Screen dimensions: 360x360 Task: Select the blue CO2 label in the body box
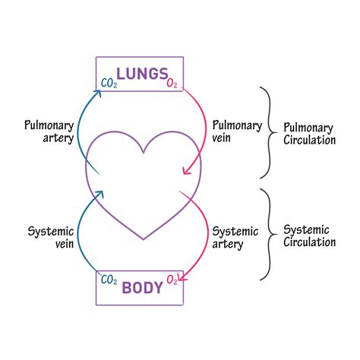click(109, 281)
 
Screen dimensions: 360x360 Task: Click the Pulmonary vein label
click(237, 131)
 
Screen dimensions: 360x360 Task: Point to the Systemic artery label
click(235, 237)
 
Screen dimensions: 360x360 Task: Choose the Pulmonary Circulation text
click(309, 134)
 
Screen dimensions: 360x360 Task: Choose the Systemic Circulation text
click(309, 235)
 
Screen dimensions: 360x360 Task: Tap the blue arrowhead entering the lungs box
click(96, 93)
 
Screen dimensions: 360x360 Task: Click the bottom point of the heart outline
click(144, 241)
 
